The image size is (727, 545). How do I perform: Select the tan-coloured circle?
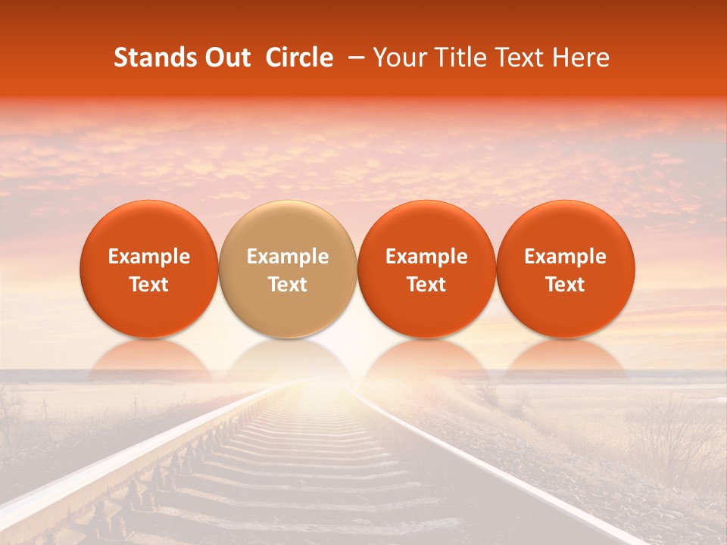tap(288, 269)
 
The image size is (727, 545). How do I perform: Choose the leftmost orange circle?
tap(149, 269)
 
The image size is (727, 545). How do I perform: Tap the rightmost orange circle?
tap(566, 269)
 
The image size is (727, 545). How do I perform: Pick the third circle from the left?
tap(426, 269)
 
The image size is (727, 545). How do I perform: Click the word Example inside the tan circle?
tap(288, 257)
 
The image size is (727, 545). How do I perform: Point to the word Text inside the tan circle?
tap(288, 285)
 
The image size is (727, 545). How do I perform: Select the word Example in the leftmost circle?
tap(149, 257)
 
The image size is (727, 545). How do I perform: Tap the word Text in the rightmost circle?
tap(566, 285)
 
